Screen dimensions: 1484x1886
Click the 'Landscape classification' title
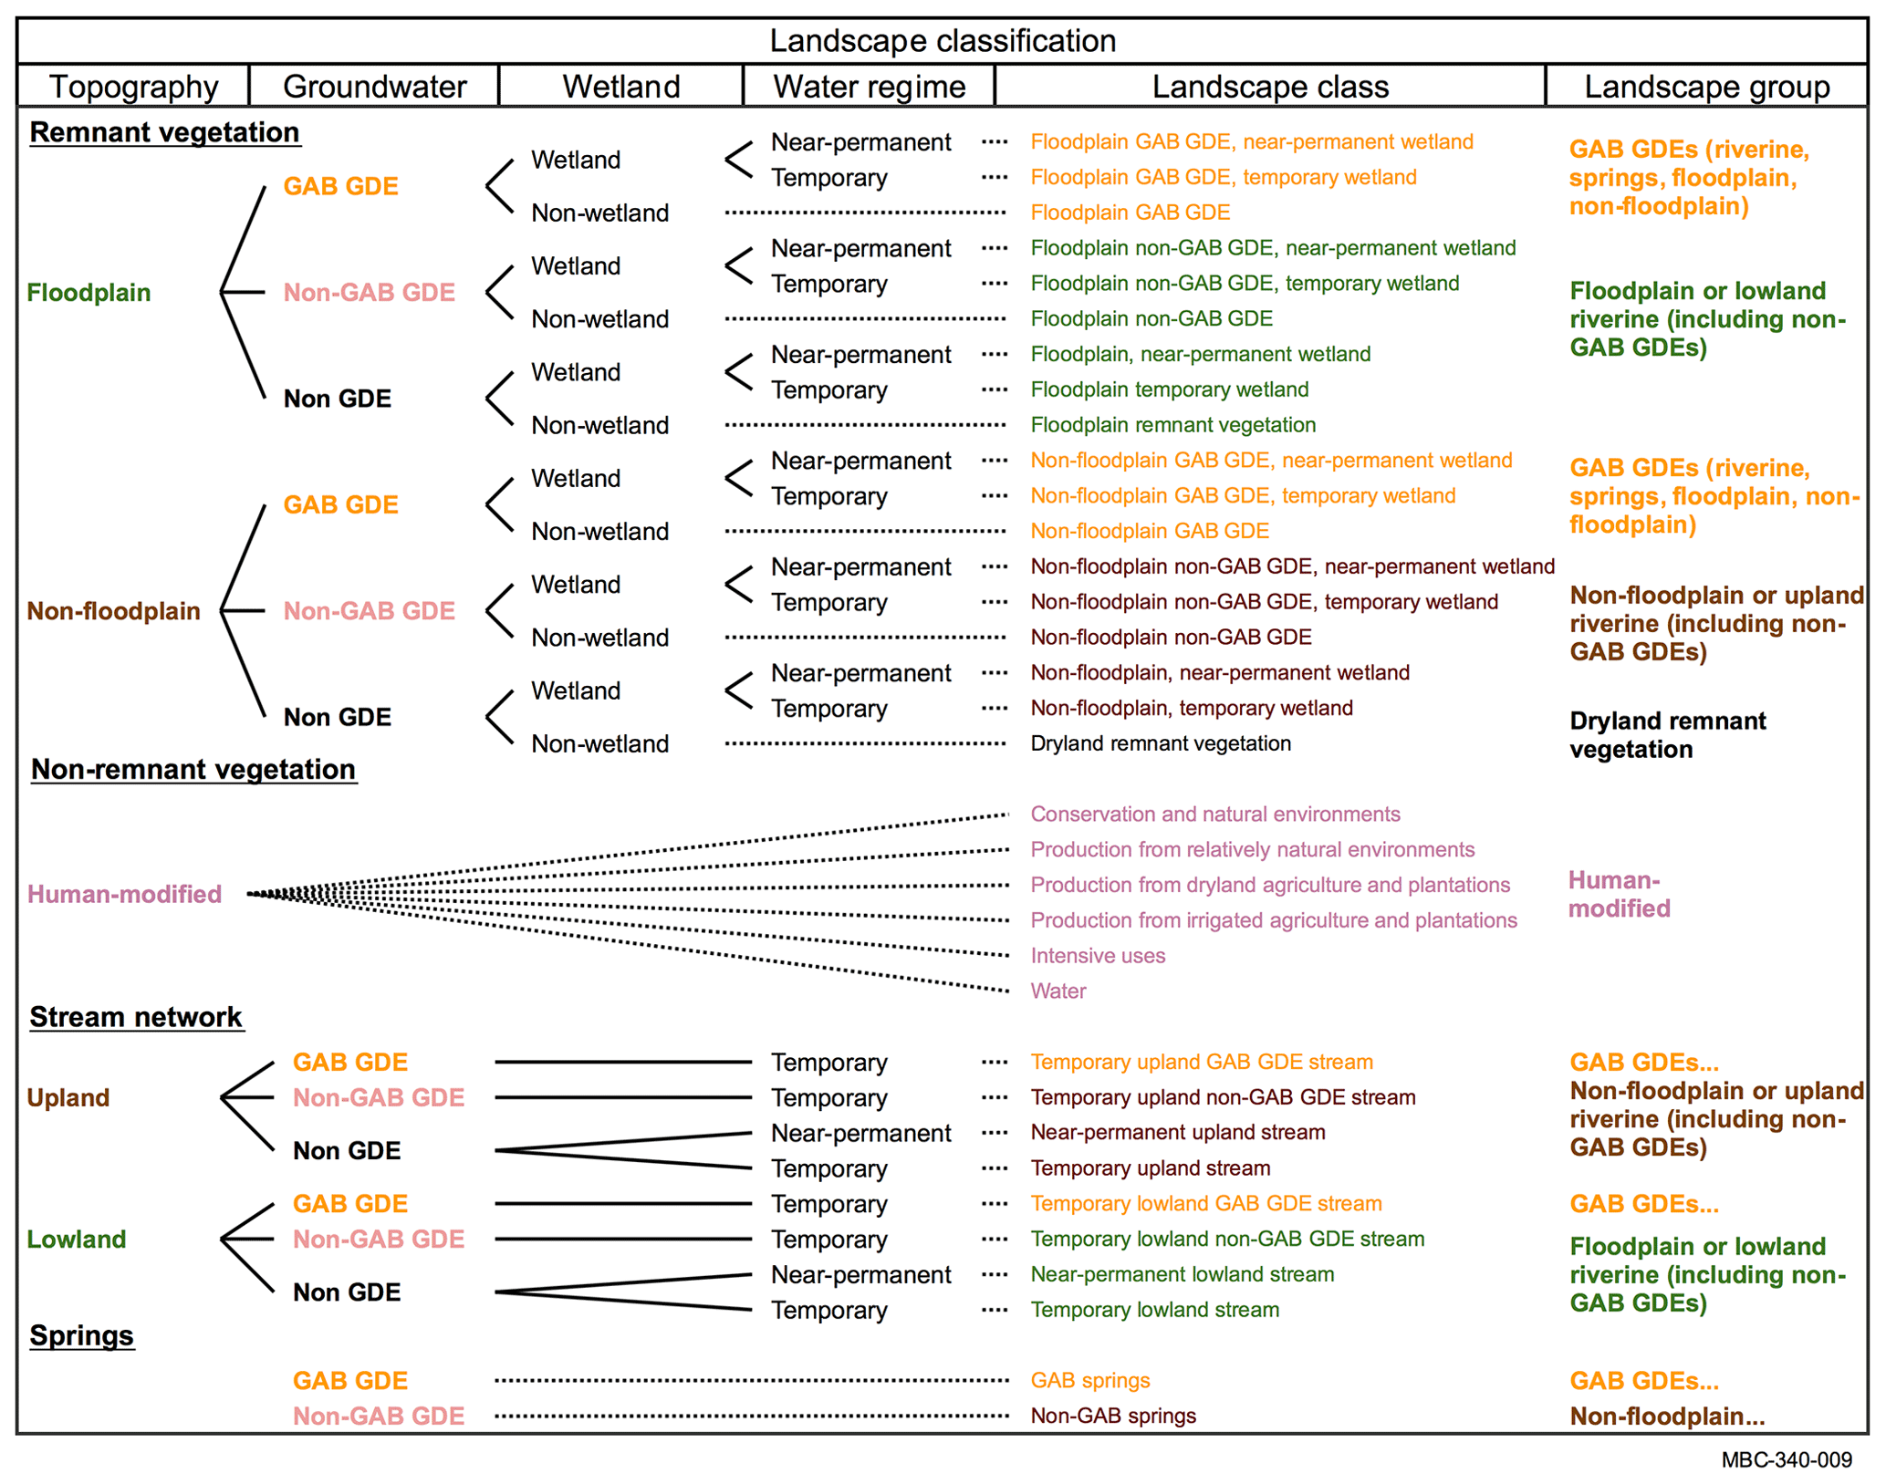pyautogui.click(x=942, y=41)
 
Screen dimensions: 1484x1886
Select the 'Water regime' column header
pyautogui.click(x=869, y=87)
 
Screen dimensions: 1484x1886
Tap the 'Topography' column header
pyautogui.click(x=133, y=87)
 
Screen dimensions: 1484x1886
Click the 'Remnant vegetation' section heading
pyautogui.click(x=164, y=132)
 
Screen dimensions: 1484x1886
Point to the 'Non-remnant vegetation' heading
pyautogui.click(x=193, y=769)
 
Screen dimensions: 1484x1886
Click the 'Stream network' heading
pyautogui.click(x=136, y=1016)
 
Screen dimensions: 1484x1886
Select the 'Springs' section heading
pyautogui.click(x=81, y=1335)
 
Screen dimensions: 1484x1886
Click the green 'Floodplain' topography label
pyautogui.click(x=89, y=293)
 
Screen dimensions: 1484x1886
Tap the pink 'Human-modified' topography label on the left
pyautogui.click(x=124, y=894)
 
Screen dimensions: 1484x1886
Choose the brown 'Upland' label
pyautogui.click(x=68, y=1097)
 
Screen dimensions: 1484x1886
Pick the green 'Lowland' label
pyautogui.click(x=77, y=1239)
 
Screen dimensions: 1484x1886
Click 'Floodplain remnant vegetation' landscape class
pyautogui.click(x=1172, y=425)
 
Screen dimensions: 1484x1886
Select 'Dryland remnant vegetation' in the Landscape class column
pyautogui.click(x=1160, y=743)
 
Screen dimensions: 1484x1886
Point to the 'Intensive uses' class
pyautogui.click(x=1097, y=956)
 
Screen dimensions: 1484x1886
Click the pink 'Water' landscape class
pyautogui.click(x=1058, y=991)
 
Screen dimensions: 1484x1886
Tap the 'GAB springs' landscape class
pyautogui.click(x=1089, y=1380)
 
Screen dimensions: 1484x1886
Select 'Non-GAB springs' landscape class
pyautogui.click(x=1112, y=1416)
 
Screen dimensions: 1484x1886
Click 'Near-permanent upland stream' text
pyautogui.click(x=1177, y=1133)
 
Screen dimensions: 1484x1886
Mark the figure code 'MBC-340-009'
pyautogui.click(x=1786, y=1460)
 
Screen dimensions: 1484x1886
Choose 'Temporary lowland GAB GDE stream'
pyautogui.click(x=1205, y=1204)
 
